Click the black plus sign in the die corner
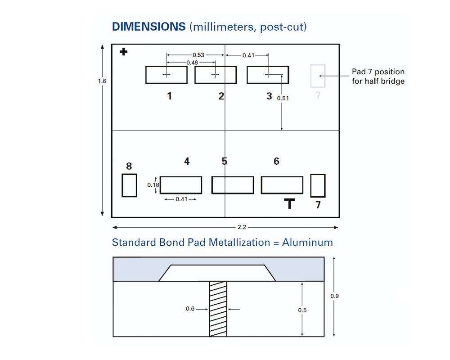click(x=123, y=52)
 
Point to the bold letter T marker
click(x=289, y=203)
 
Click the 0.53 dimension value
click(x=198, y=55)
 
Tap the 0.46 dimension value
click(x=192, y=63)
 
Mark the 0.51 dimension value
click(x=283, y=98)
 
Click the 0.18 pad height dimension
click(x=153, y=185)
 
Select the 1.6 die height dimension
click(x=102, y=81)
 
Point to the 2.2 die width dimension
click(x=242, y=227)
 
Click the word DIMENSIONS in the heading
click(x=148, y=27)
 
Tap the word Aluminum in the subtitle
click(x=307, y=243)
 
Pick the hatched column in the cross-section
click(x=218, y=309)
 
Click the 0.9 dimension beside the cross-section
click(x=334, y=296)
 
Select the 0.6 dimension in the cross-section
click(x=190, y=309)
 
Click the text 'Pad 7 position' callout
click(x=378, y=72)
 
